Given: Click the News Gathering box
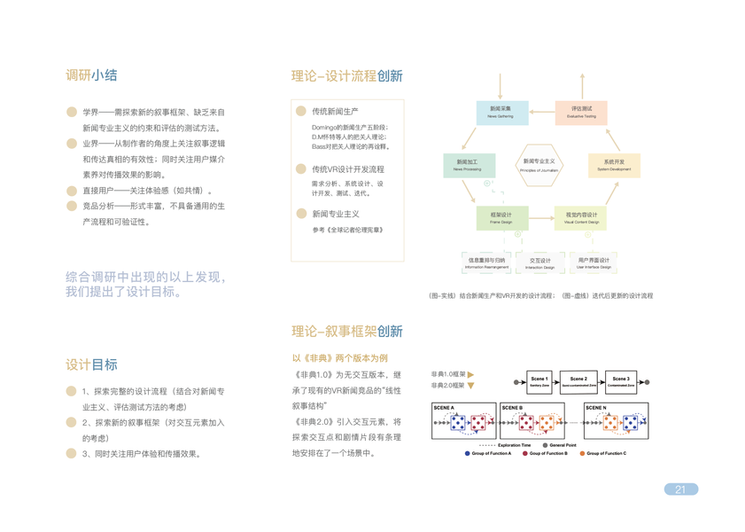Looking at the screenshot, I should pyautogui.click(x=501, y=112).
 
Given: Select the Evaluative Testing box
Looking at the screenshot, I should pyautogui.click(x=581, y=112).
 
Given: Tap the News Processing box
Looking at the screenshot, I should pyautogui.click(x=468, y=165).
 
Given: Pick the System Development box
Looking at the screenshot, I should pyautogui.click(x=614, y=165).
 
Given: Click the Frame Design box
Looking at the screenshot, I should pyautogui.click(x=501, y=217).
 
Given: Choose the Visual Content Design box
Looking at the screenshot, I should pyautogui.click(x=581, y=217).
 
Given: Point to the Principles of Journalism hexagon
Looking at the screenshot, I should pyautogui.click(x=539, y=165).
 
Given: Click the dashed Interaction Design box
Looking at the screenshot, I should pyautogui.click(x=539, y=263).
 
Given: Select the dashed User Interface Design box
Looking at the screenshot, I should pyautogui.click(x=593, y=263).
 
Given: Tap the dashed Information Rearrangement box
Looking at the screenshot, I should pyautogui.click(x=486, y=263).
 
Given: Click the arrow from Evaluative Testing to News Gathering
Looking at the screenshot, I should pyautogui.click(x=542, y=113).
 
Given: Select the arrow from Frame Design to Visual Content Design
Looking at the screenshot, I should pyautogui.click(x=542, y=217).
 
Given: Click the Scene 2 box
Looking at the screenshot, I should pyautogui.click(x=578, y=382).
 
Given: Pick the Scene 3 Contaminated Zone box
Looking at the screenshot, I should pyautogui.click(x=621, y=382).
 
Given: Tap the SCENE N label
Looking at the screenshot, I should pyautogui.click(x=595, y=409).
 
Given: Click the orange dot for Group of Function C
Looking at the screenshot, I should pyautogui.click(x=582, y=453).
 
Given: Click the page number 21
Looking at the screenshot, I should pyautogui.click(x=680, y=489).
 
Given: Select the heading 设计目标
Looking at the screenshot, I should pyautogui.click(x=91, y=364).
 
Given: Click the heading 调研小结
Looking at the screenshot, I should pyautogui.click(x=91, y=75).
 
